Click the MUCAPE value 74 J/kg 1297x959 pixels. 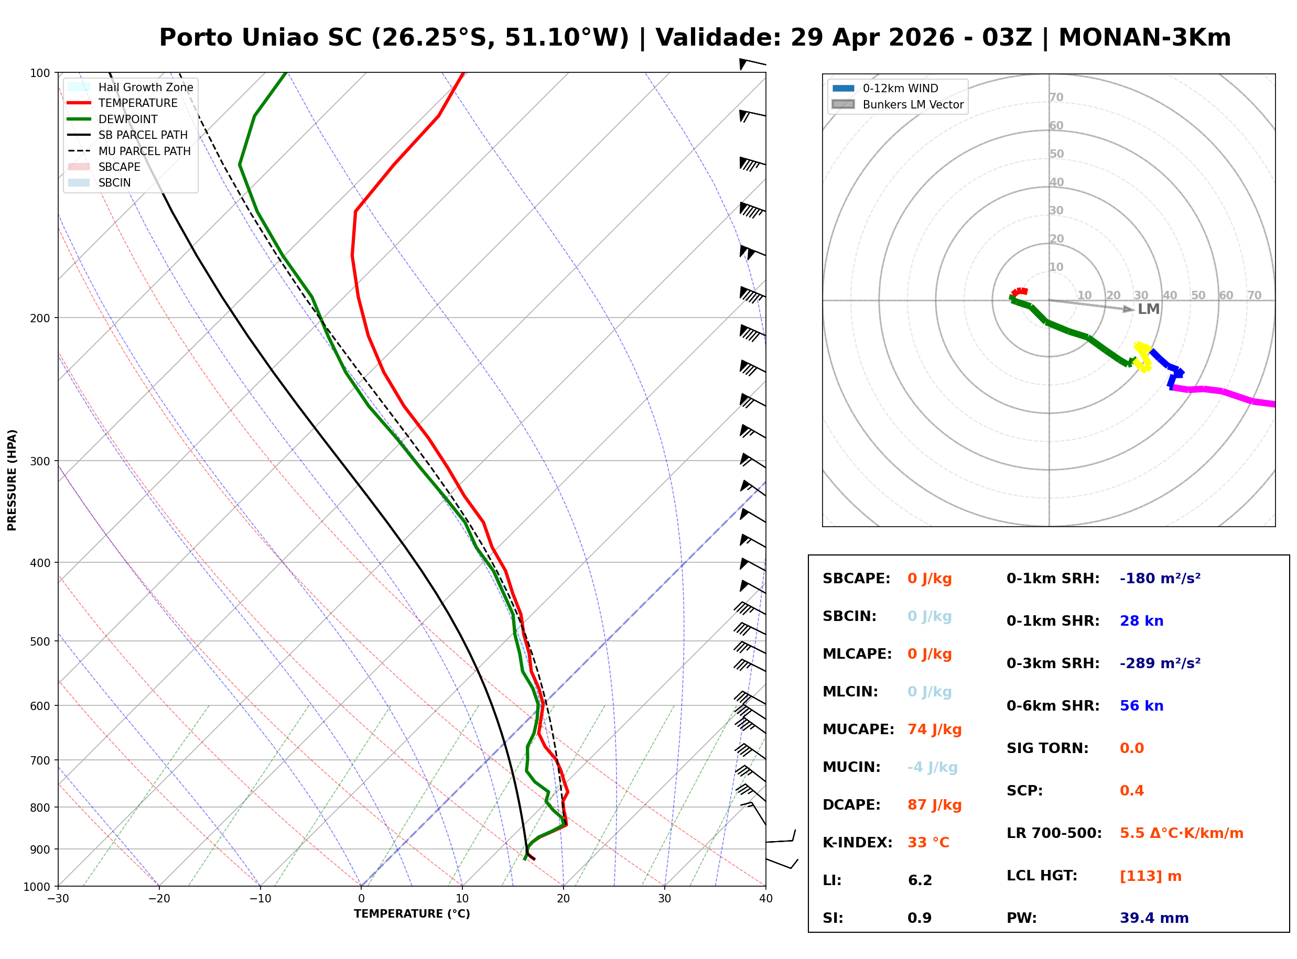pos(934,729)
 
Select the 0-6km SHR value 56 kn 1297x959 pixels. pos(1141,705)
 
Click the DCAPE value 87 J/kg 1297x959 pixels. pos(934,804)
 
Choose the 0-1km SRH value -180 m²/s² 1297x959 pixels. pos(1160,578)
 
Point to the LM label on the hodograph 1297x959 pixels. pos(1148,309)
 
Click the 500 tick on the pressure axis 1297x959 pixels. pos(39,641)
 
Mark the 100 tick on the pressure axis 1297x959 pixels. pos(39,72)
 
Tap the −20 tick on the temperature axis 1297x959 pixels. pos(158,898)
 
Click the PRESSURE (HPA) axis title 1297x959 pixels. pos(12,479)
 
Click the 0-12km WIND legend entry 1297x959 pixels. pos(900,88)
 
